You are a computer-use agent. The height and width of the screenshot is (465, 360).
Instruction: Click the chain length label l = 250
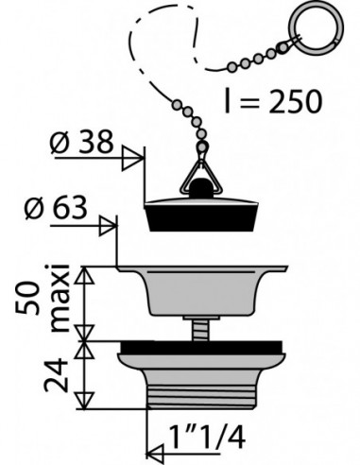pyautogui.click(x=273, y=101)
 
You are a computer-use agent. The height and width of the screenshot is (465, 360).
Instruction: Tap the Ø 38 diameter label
pyautogui.click(x=81, y=142)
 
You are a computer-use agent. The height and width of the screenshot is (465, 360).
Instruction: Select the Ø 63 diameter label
pyautogui.click(x=56, y=208)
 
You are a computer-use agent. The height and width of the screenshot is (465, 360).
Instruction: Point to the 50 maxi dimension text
pyautogui.click(x=43, y=298)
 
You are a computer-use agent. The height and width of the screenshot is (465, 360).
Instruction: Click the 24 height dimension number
pyautogui.click(x=56, y=375)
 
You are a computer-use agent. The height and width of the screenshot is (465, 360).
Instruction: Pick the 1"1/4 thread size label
pyautogui.click(x=207, y=437)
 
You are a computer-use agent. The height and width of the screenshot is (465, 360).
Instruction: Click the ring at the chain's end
pyautogui.click(x=319, y=29)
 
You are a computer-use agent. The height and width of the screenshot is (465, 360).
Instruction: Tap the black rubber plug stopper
pyautogui.click(x=201, y=215)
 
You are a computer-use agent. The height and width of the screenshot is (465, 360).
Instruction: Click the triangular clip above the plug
pyautogui.click(x=200, y=177)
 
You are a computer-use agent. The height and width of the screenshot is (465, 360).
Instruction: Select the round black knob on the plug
pyautogui.click(x=201, y=188)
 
